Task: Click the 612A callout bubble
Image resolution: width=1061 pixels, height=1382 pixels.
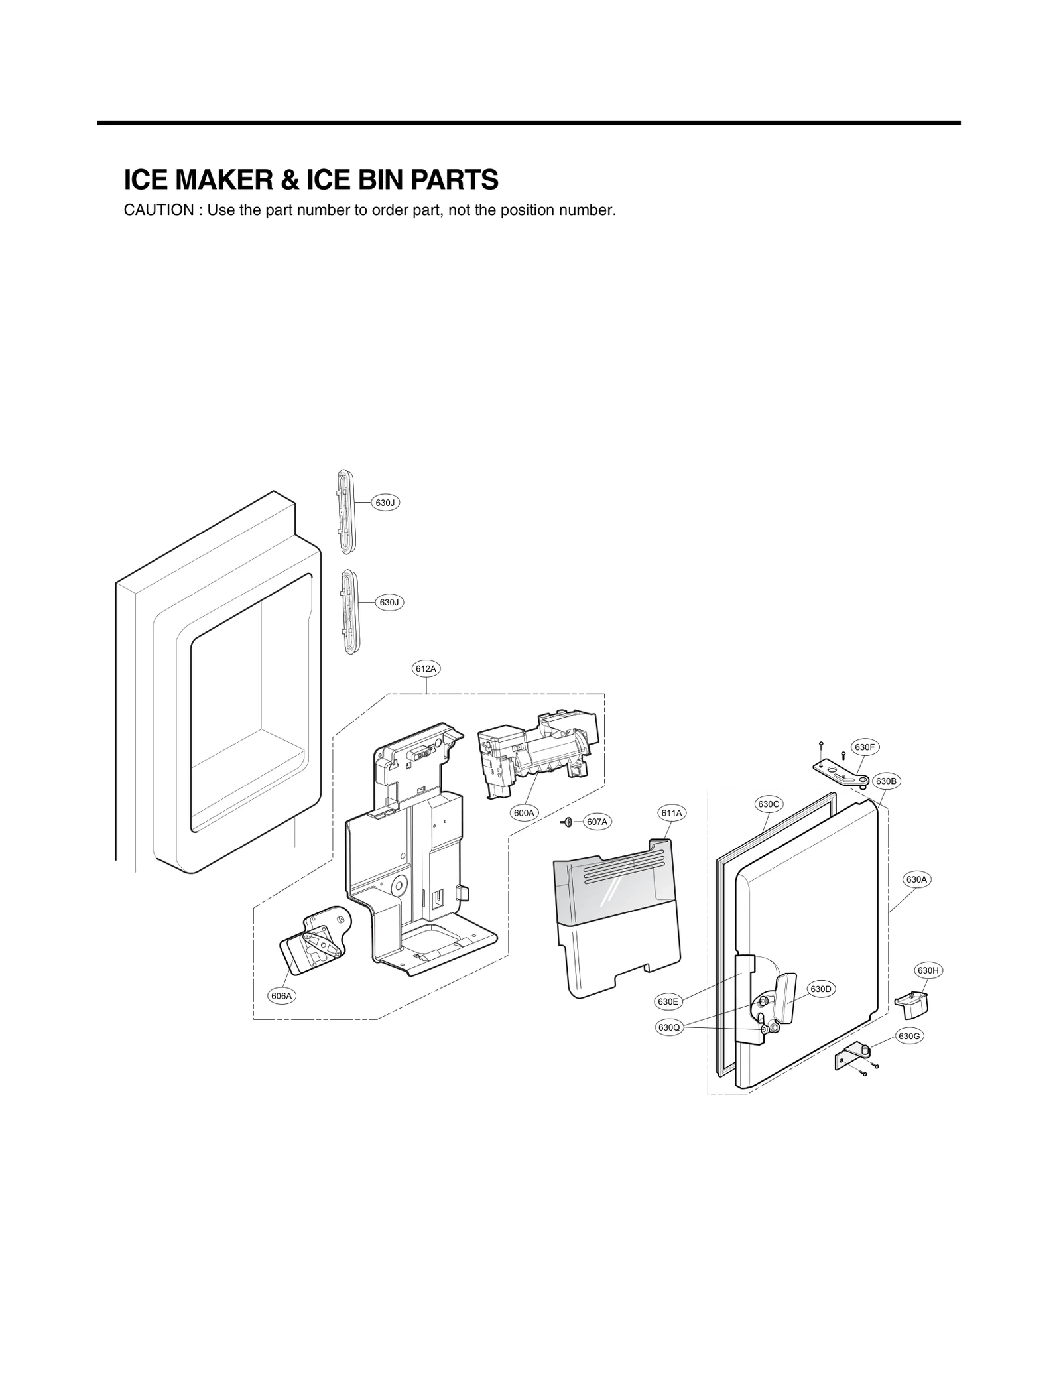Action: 426,669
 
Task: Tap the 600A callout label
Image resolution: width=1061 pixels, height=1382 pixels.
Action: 524,812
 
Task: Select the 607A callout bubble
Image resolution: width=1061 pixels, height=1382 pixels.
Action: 597,822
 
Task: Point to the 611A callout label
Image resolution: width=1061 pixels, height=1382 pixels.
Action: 672,812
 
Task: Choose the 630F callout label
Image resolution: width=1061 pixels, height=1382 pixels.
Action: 864,747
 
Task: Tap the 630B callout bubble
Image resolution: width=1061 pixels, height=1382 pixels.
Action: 886,781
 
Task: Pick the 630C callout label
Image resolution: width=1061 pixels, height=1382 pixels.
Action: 769,804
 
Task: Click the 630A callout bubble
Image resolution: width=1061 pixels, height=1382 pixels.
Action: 916,879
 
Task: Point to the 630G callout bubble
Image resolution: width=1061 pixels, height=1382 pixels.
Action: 910,1036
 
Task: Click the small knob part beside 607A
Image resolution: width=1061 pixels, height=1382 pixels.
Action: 567,822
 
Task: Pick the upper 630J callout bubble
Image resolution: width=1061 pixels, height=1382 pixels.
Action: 385,503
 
